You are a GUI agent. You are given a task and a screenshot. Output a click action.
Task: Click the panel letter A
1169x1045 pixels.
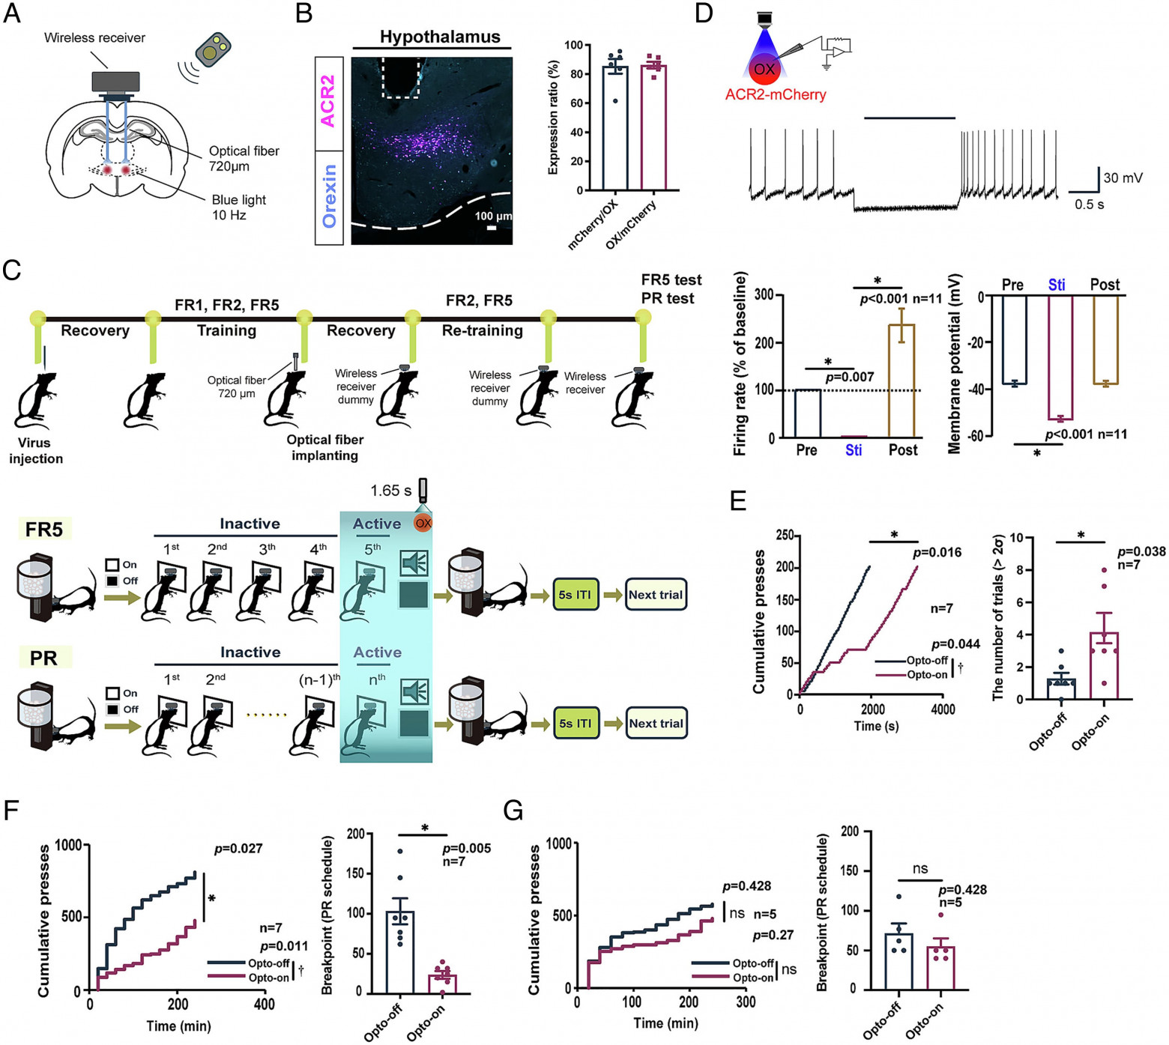(12, 13)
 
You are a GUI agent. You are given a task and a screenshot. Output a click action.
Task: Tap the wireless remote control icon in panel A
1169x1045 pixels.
(213, 49)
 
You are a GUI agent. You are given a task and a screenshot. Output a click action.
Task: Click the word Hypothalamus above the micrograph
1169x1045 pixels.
(440, 37)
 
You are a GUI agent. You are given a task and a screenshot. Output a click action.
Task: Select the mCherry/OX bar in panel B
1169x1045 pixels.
(615, 128)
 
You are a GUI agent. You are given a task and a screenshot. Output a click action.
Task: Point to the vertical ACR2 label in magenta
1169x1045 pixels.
(328, 100)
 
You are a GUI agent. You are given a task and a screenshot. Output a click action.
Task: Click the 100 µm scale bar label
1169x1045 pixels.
(493, 216)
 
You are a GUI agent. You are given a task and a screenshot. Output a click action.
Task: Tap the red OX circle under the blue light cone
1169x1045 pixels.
(764, 69)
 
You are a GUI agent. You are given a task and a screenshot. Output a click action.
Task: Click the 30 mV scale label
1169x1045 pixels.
(1123, 178)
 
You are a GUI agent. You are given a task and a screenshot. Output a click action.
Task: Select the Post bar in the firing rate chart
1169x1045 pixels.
(901, 381)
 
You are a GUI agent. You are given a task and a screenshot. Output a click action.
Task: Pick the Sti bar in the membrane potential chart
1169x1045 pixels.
(1060, 358)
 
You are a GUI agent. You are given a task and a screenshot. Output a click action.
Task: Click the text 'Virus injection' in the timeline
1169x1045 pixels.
(35, 451)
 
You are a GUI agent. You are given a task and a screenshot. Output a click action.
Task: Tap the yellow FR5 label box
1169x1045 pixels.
(44, 530)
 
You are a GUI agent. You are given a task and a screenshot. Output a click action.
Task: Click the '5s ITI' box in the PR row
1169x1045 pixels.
(576, 724)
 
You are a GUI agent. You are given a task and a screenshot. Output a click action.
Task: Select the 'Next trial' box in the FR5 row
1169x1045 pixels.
(656, 595)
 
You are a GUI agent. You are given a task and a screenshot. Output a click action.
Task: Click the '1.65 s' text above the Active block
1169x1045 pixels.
(390, 491)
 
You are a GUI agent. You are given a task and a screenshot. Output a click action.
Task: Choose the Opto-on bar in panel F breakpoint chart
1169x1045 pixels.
(443, 984)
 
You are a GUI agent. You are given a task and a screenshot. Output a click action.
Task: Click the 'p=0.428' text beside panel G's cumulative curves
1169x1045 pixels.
(747, 886)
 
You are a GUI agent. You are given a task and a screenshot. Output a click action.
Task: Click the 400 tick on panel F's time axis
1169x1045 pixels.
(264, 1005)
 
